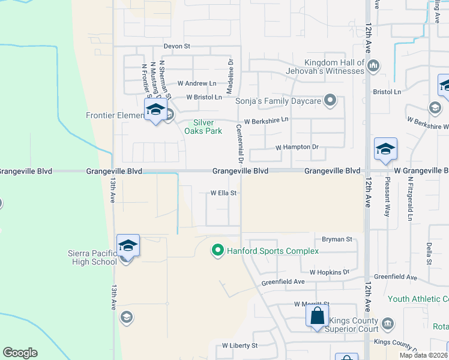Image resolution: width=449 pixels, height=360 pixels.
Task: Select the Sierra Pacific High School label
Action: coord(92,257)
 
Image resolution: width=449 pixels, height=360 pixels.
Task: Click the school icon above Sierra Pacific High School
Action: coord(128,245)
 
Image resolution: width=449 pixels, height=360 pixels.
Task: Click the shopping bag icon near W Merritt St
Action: coord(317,315)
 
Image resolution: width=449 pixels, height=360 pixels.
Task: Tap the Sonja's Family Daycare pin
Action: coord(330,101)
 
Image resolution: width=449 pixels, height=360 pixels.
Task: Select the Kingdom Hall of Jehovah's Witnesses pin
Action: coord(373,65)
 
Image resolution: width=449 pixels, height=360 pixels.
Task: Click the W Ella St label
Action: coord(224,193)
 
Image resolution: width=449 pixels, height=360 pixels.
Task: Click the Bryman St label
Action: coord(337,239)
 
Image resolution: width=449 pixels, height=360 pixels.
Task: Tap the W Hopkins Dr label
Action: coord(329,272)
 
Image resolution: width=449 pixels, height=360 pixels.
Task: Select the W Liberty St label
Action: coord(240,346)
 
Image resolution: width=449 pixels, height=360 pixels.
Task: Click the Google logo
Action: coord(20,353)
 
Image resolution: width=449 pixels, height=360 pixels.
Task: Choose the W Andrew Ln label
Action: coord(197,84)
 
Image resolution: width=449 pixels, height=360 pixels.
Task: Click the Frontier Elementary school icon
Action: coord(155,110)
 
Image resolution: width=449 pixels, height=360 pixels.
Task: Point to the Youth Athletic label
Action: coord(418,299)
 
